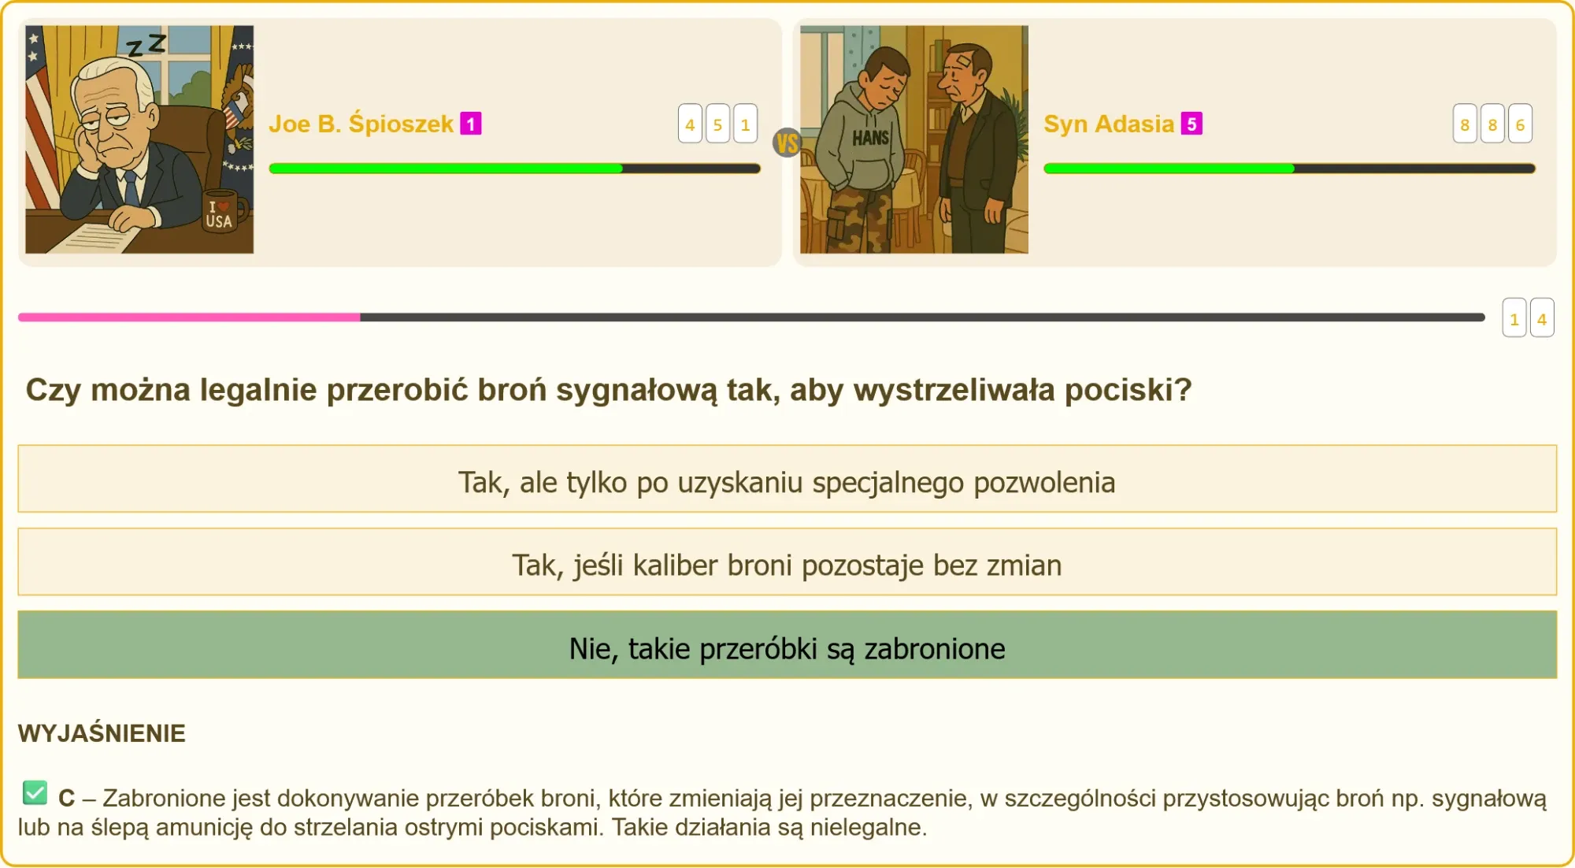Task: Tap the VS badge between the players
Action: (787, 143)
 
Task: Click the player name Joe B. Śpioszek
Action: (361, 124)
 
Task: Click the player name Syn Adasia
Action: (1108, 124)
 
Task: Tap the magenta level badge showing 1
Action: (471, 124)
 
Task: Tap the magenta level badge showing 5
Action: (1191, 124)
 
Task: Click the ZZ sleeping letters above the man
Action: (147, 45)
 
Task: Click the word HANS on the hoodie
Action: (870, 138)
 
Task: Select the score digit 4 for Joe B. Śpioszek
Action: (690, 124)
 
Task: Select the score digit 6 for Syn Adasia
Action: (1520, 124)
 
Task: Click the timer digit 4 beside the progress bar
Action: (1541, 318)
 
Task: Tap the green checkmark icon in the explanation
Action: (35, 792)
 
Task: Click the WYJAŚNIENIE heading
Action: (102, 733)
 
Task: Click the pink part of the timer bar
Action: (189, 317)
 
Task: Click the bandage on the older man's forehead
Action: (964, 61)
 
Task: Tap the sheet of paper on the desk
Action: (94, 235)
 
